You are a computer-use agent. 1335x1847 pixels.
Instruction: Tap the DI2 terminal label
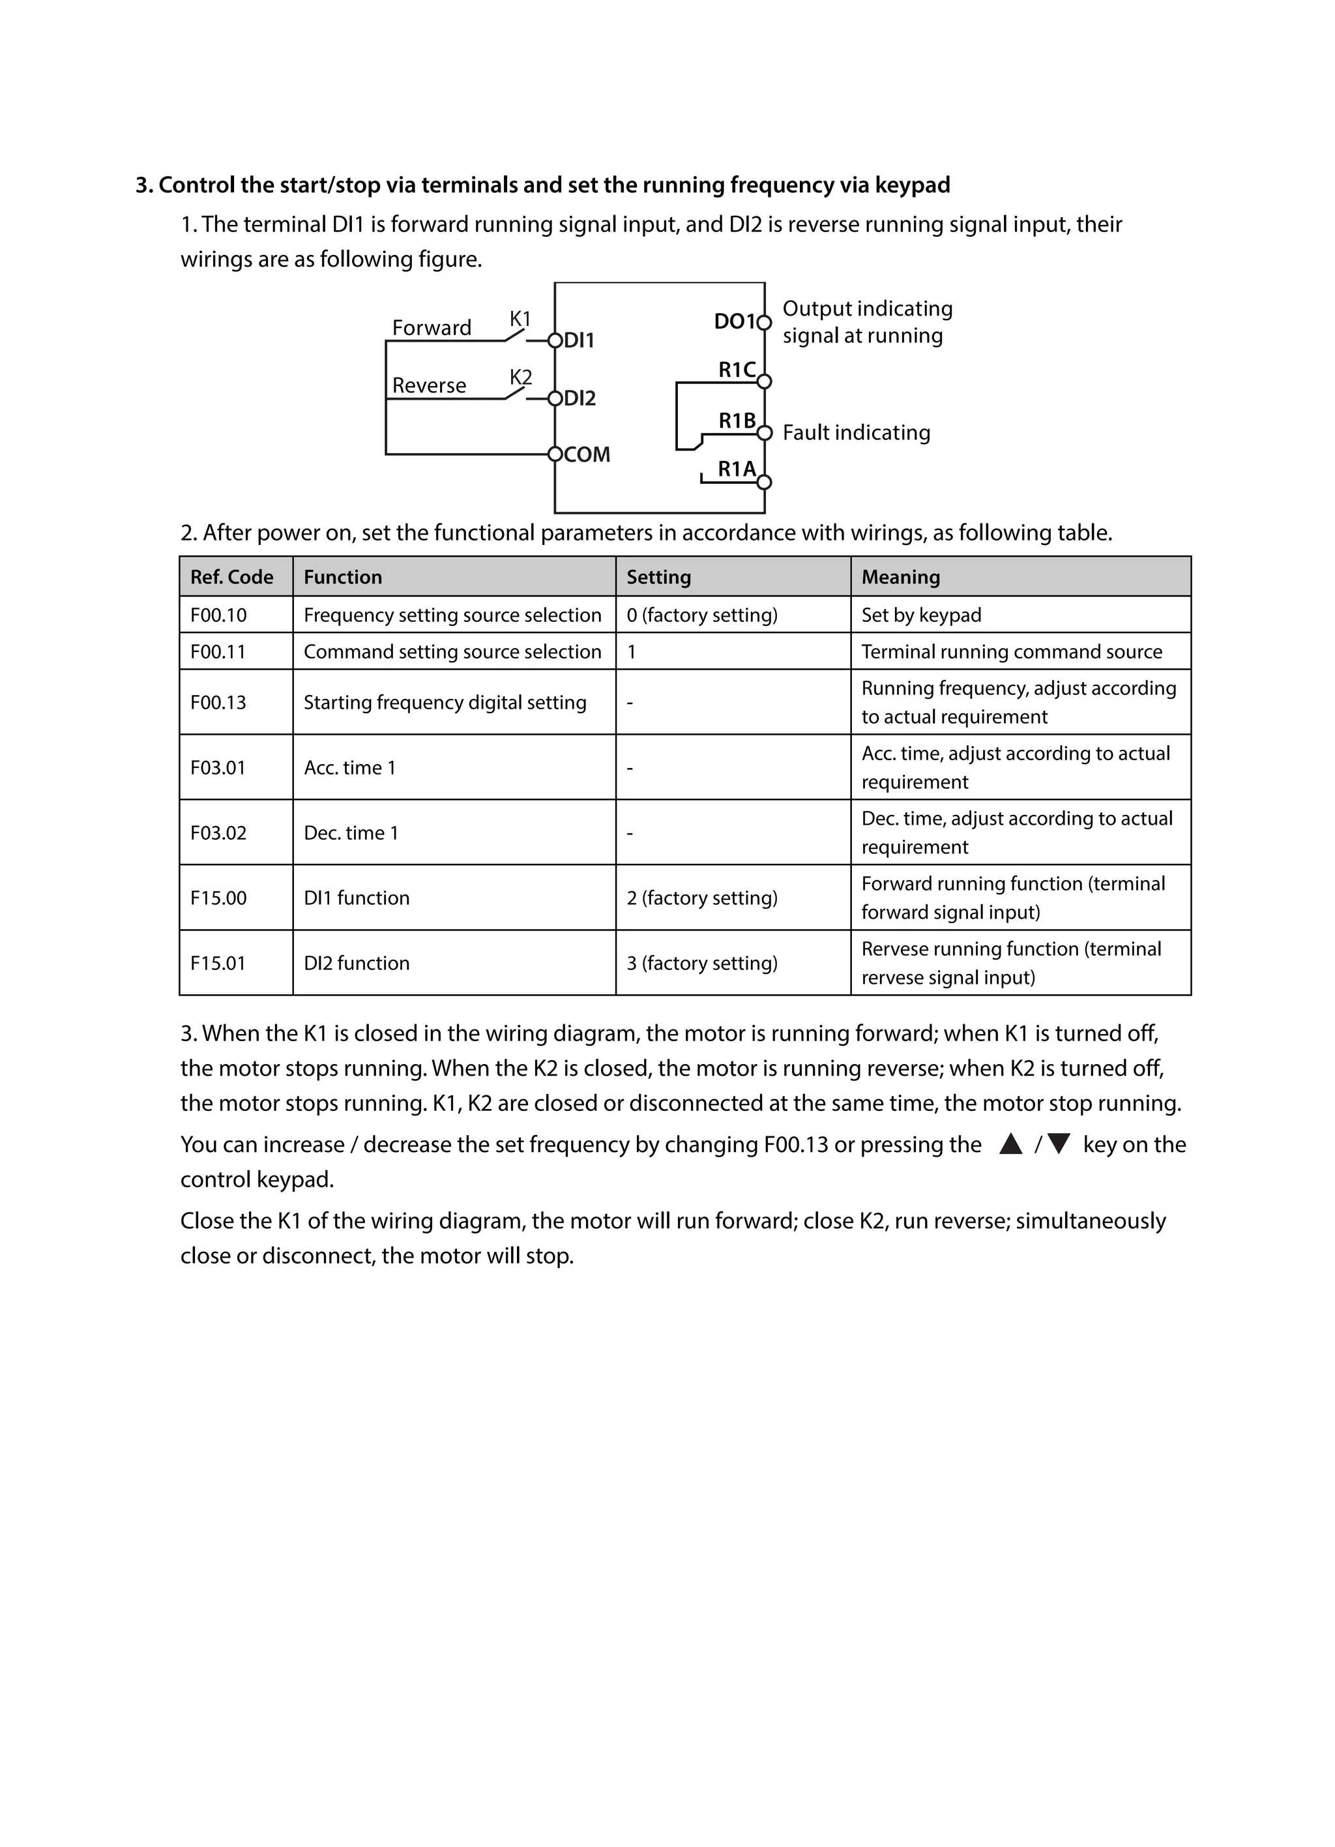pos(579,398)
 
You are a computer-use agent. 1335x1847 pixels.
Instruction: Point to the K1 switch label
pos(520,318)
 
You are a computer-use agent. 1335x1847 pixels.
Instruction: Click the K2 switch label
pos(520,377)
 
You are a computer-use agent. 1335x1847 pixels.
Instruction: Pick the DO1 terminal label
pos(734,321)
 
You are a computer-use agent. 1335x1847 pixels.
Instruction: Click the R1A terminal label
pos(736,469)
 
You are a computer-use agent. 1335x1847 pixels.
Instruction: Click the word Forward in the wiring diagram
pos(432,327)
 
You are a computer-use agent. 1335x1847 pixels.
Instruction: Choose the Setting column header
pos(658,576)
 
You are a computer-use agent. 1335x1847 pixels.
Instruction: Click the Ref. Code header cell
pos(232,576)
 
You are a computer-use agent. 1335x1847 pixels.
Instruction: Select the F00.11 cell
pos(218,651)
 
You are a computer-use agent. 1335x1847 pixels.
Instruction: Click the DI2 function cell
pos(357,962)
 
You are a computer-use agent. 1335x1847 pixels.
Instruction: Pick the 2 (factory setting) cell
pos(701,898)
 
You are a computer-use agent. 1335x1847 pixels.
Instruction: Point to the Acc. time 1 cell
pos(350,767)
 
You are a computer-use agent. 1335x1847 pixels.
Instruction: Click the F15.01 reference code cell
pos(218,962)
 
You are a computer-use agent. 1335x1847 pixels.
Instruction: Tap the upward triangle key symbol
pos(1010,1144)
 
